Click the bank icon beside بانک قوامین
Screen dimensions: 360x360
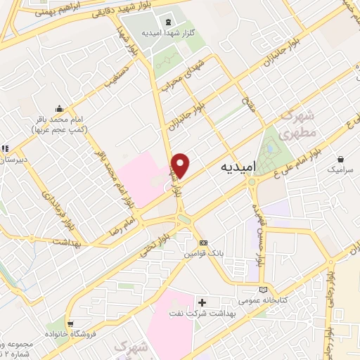coord(204,243)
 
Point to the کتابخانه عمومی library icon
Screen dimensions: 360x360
coord(263,289)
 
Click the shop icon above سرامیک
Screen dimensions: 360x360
coord(340,160)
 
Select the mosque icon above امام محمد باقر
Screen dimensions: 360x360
coord(60,108)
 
